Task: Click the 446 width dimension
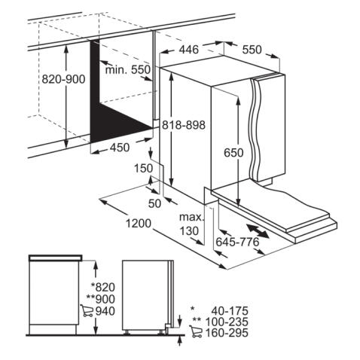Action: coord(188,50)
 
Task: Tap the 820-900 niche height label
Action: coord(63,79)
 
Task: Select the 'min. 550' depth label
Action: coord(128,69)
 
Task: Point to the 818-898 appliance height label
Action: coord(184,125)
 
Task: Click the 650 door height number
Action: coord(233,153)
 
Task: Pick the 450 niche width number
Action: coord(120,148)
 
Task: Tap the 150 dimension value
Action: coord(143,168)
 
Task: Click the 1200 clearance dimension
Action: coord(139,223)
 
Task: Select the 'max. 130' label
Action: coord(191,224)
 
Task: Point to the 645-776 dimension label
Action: coord(237,242)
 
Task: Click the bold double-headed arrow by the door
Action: coord(258,231)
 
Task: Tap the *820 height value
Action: coord(103,287)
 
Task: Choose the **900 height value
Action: coord(101,299)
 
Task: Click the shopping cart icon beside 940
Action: coord(87,310)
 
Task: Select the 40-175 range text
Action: coord(230,311)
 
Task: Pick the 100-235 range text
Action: coord(227,322)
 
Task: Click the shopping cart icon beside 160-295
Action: coord(196,331)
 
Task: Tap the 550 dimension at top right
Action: coord(252,50)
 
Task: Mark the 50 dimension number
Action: coord(154,203)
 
